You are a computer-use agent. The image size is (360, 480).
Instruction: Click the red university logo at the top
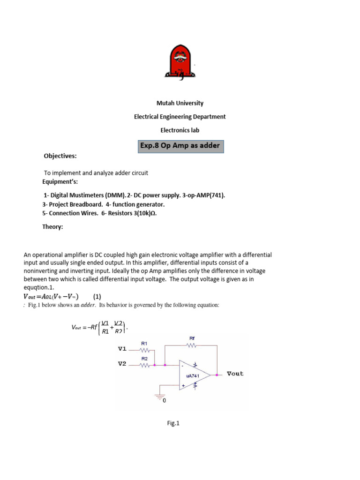coord(180,62)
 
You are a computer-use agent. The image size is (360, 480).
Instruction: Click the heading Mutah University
coord(180,103)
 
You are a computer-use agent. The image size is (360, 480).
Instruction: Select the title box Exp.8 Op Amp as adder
coord(180,146)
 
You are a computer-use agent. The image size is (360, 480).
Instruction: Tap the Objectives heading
coord(60,156)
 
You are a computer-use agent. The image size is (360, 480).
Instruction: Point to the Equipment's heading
coord(60,181)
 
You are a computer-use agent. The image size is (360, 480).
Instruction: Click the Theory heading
coord(52,227)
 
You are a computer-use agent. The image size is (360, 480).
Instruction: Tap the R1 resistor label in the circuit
coord(144,344)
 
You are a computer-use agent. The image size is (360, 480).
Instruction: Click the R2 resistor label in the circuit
coord(144,358)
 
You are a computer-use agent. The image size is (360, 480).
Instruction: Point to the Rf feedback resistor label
coord(192,338)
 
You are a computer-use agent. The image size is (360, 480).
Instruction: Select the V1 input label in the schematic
coord(122,349)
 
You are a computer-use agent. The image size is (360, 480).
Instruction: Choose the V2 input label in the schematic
coord(122,364)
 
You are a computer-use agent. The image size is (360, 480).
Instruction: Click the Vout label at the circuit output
coord(235,374)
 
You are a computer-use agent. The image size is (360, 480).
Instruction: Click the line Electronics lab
coord(180,130)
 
